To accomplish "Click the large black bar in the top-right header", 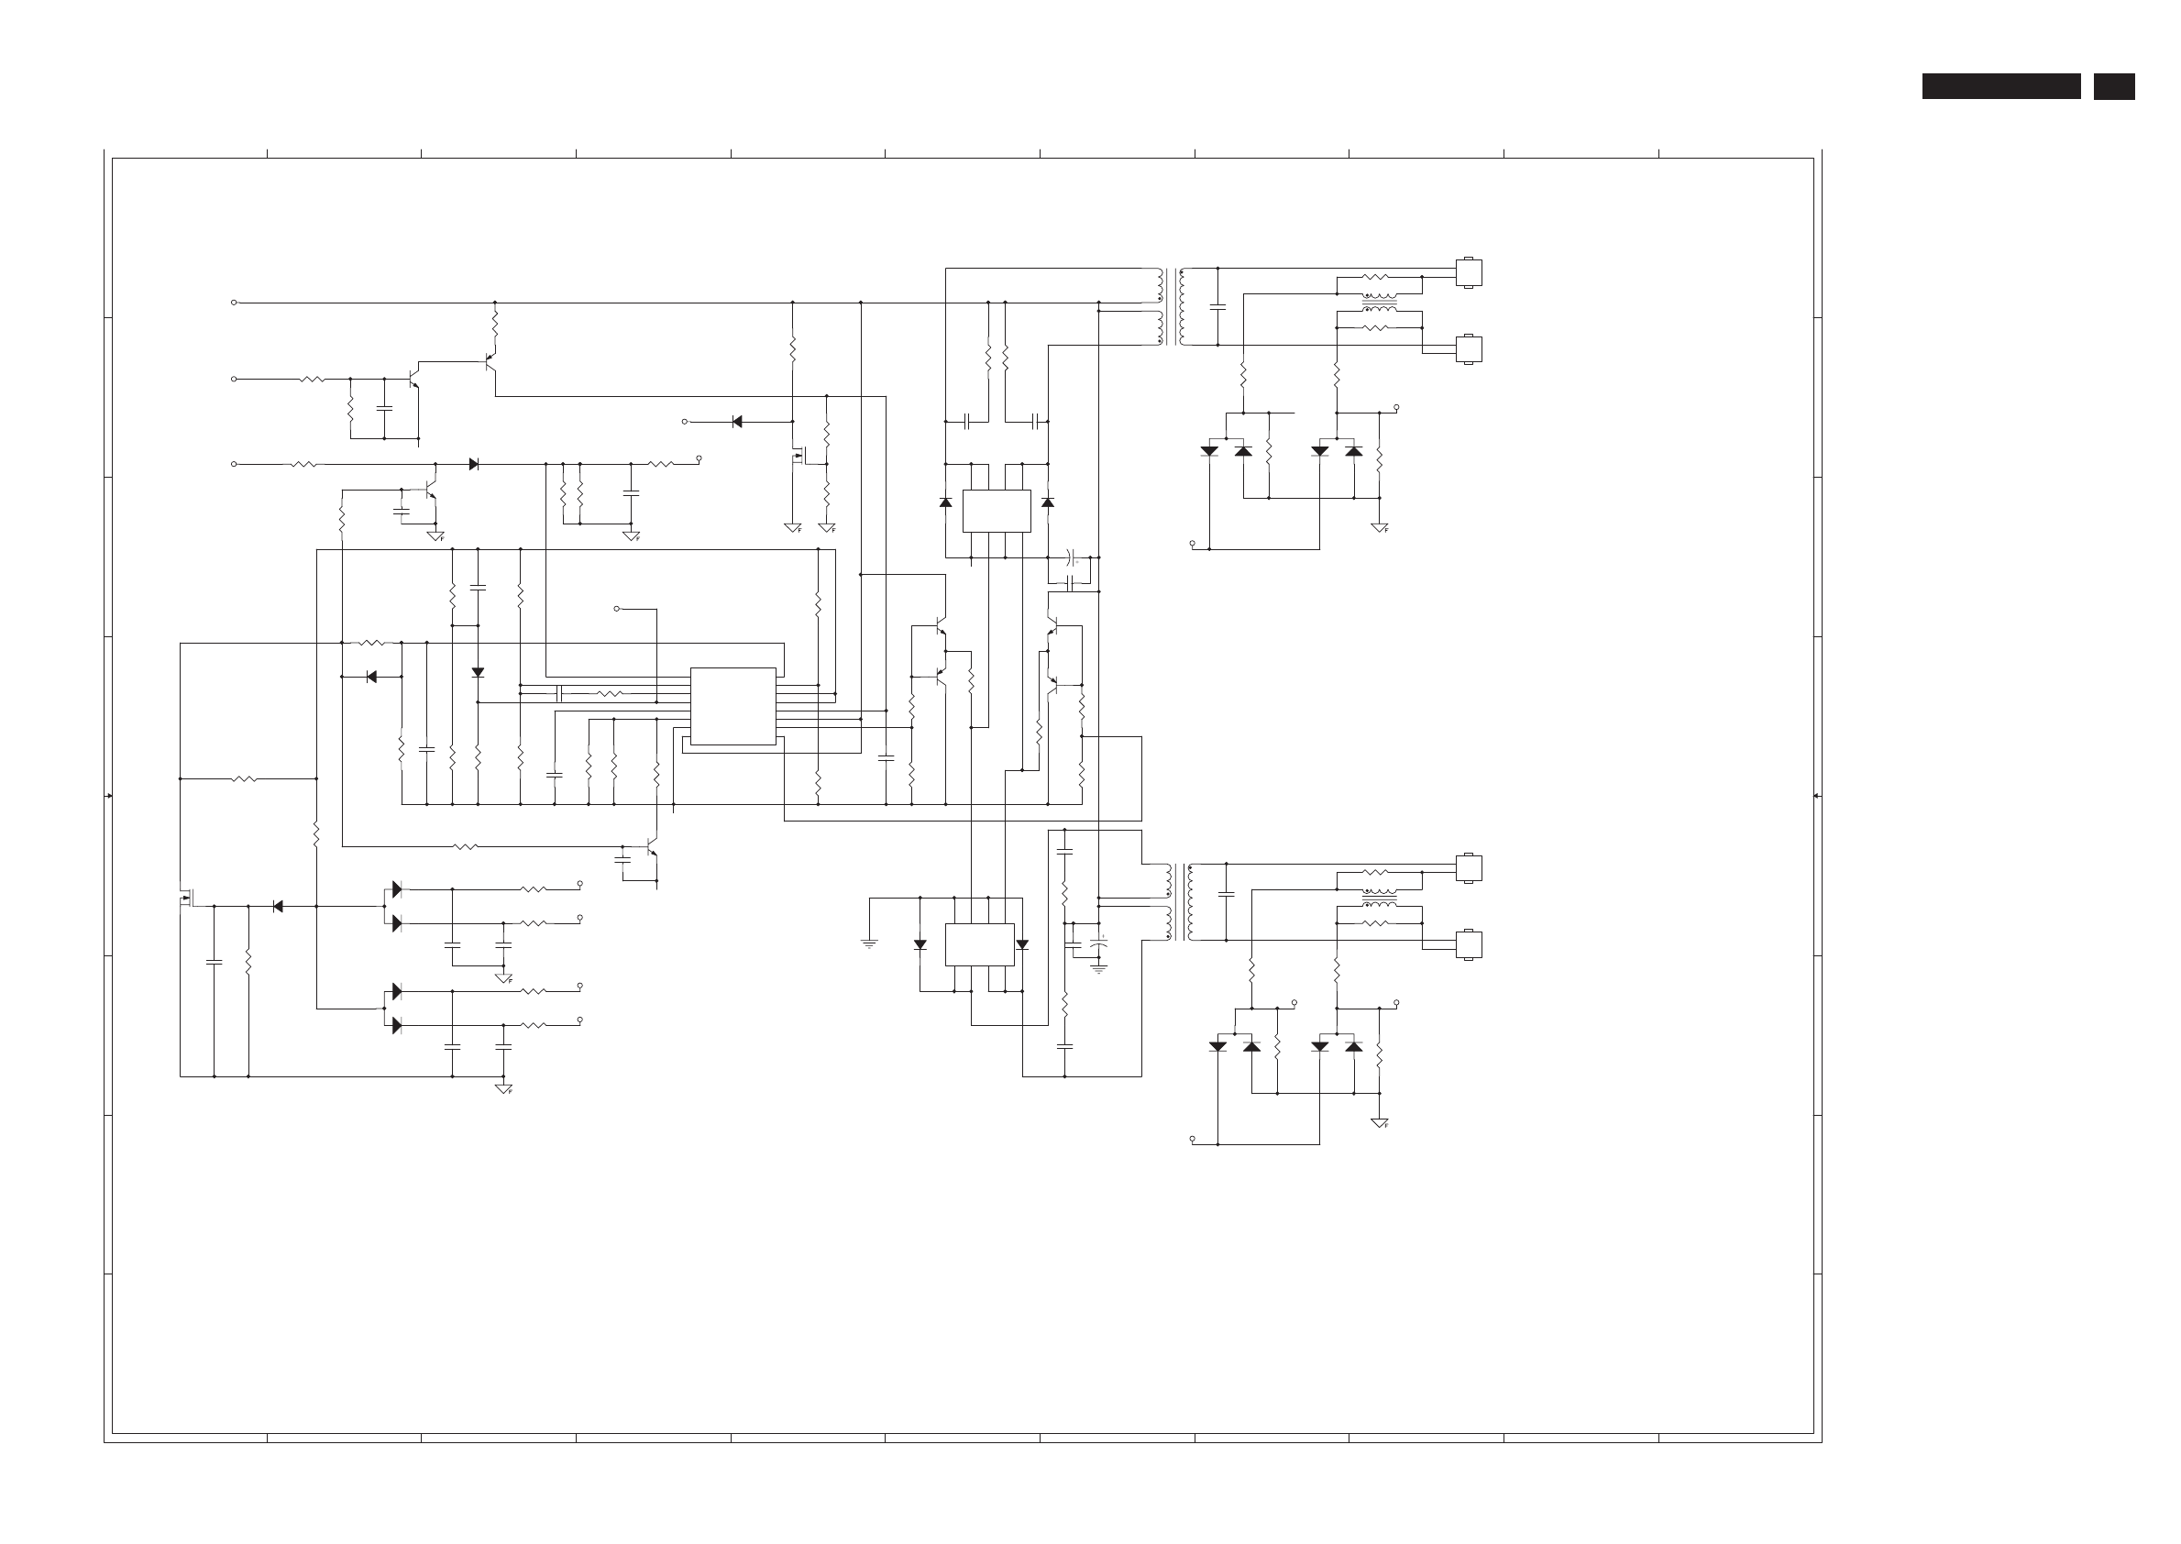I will pyautogui.click(x=2000, y=86).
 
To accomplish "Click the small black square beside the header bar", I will pyautogui.click(x=2113, y=86).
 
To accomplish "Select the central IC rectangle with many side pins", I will pyautogui.click(x=733, y=706).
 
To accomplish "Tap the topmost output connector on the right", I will pyautogui.click(x=1469, y=273).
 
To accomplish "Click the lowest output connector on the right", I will pyautogui.click(x=1469, y=944).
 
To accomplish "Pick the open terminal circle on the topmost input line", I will pyautogui.click(x=234, y=303).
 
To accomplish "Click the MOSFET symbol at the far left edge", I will pyautogui.click(x=186, y=898).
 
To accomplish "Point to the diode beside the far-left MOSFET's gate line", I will pyautogui.click(x=278, y=906).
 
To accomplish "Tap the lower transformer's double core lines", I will pyautogui.click(x=1181, y=901).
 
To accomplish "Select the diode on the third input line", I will pyautogui.click(x=473, y=464).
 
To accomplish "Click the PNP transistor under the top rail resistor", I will pyautogui.click(x=489, y=361).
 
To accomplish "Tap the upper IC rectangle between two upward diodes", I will pyautogui.click(x=997, y=511).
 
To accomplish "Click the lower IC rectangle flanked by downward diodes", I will pyautogui.click(x=979, y=944).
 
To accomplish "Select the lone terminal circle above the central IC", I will pyautogui.click(x=616, y=609).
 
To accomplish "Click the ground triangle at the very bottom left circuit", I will pyautogui.click(x=504, y=1087).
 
